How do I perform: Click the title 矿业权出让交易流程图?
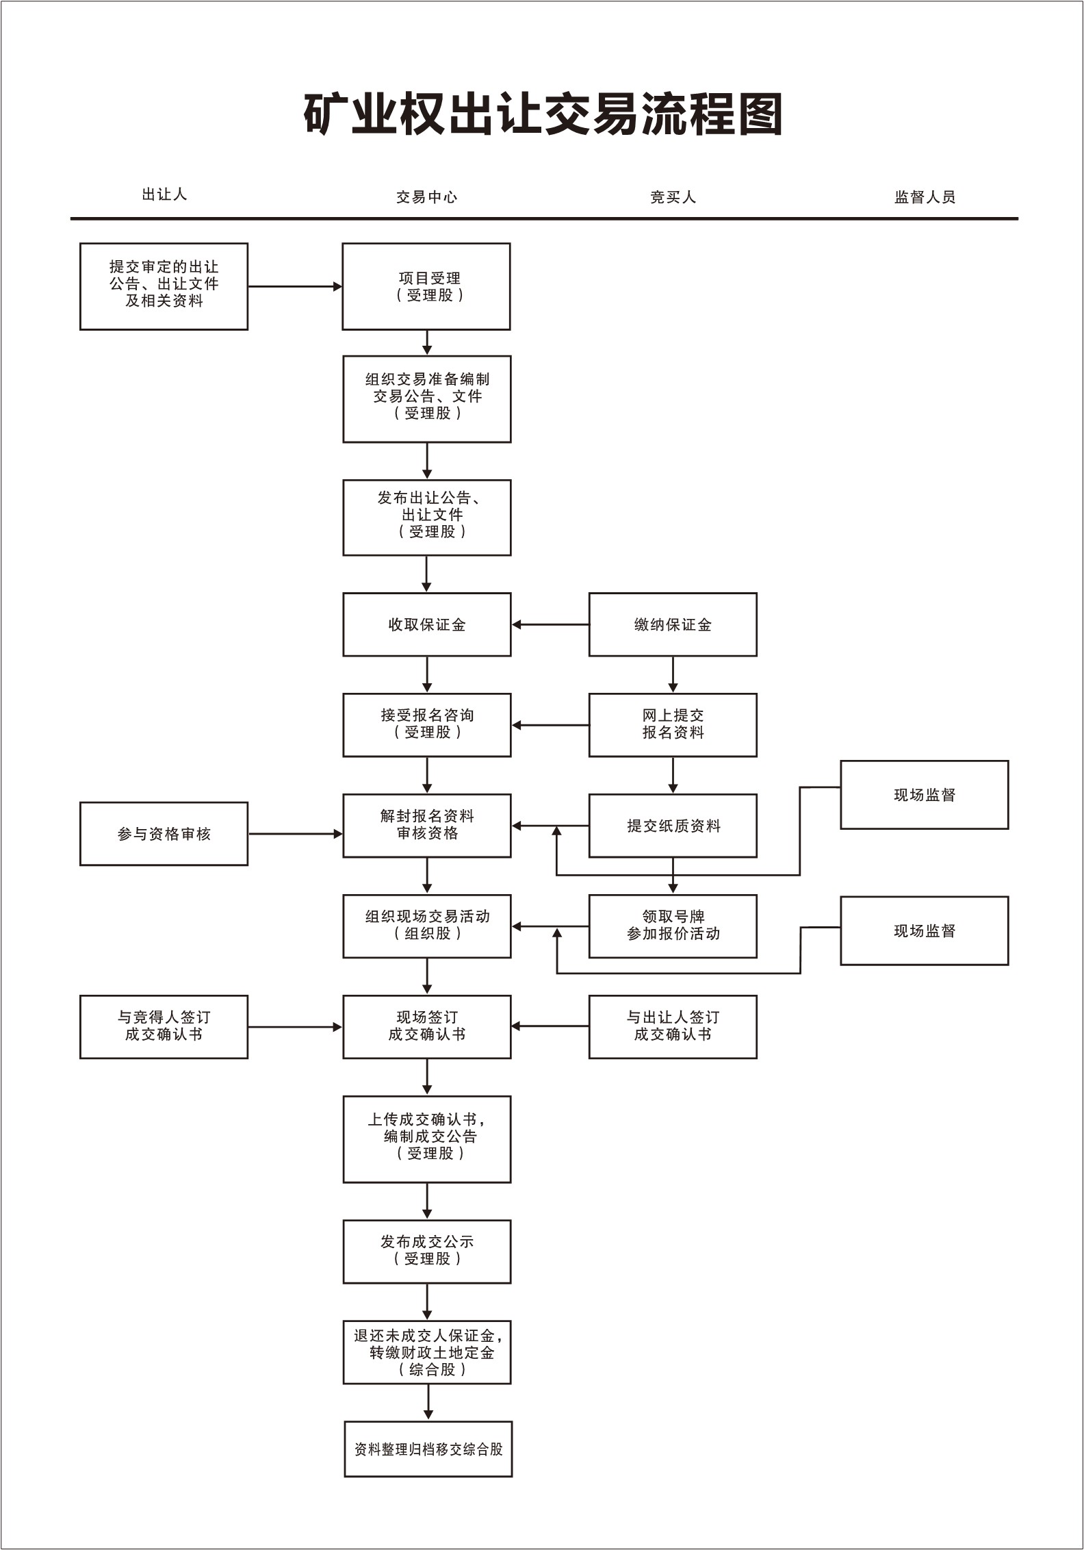pyautogui.click(x=543, y=114)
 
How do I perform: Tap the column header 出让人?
pyautogui.click(x=164, y=194)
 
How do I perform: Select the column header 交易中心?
pyautogui.click(x=426, y=197)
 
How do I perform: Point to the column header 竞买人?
pyautogui.click(x=673, y=197)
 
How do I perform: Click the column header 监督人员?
pyautogui.click(x=925, y=197)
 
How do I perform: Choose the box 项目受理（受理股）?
pyautogui.click(x=426, y=286)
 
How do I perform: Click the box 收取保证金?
pyautogui.click(x=426, y=624)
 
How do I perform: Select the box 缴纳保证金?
pyautogui.click(x=673, y=624)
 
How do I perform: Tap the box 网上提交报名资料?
pyautogui.click(x=673, y=724)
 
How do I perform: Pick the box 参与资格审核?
pyautogui.click(x=164, y=834)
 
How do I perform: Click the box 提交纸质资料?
pyautogui.click(x=673, y=826)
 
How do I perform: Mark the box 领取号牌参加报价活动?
pyautogui.click(x=673, y=926)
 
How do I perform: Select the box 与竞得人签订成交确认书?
pyautogui.click(x=164, y=1026)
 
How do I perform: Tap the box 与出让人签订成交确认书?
pyautogui.click(x=673, y=1026)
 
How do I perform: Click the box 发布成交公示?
pyautogui.click(x=426, y=1251)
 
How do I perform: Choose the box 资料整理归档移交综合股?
pyautogui.click(x=428, y=1449)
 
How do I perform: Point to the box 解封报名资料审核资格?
pyautogui.click(x=426, y=825)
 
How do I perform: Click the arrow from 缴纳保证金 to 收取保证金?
pyautogui.click(x=550, y=624)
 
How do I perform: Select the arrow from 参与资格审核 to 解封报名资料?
pyautogui.click(x=295, y=834)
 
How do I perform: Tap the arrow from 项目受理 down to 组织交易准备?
pyautogui.click(x=427, y=342)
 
